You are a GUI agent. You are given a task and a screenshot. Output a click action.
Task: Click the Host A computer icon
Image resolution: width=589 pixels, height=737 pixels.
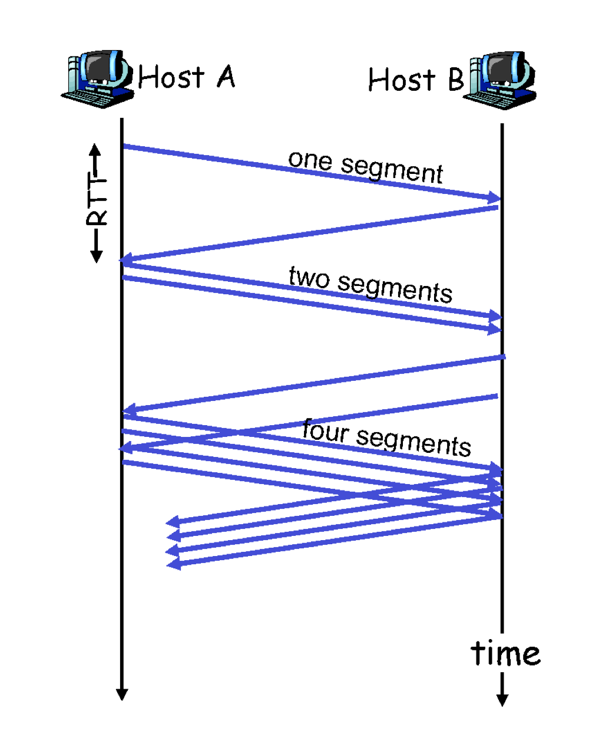[97, 79]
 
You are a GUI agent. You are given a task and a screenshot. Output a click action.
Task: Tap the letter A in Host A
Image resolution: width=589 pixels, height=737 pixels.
[226, 77]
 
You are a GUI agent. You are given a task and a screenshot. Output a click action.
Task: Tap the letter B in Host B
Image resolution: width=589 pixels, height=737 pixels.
[456, 80]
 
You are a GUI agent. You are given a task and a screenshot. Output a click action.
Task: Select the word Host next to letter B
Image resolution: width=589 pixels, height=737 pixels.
[402, 80]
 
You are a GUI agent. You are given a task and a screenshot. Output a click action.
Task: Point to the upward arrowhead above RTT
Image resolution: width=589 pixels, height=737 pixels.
[95, 149]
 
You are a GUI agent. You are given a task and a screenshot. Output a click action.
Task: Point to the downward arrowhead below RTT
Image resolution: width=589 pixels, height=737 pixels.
[96, 256]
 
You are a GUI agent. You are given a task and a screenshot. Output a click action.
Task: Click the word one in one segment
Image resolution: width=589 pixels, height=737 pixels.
[310, 160]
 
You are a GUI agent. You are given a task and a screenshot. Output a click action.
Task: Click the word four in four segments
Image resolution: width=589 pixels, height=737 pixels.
[325, 431]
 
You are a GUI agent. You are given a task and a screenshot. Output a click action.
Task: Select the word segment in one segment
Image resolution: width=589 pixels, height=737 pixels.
[392, 169]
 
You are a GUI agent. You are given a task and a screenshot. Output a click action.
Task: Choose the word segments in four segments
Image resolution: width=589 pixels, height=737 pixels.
[413, 441]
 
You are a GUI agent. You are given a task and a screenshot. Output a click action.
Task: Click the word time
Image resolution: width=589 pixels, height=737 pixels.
[505, 653]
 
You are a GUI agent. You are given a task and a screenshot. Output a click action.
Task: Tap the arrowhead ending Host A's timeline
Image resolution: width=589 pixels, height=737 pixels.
[122, 694]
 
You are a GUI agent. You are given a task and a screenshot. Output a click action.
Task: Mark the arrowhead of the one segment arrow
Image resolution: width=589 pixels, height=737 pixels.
[494, 198]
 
